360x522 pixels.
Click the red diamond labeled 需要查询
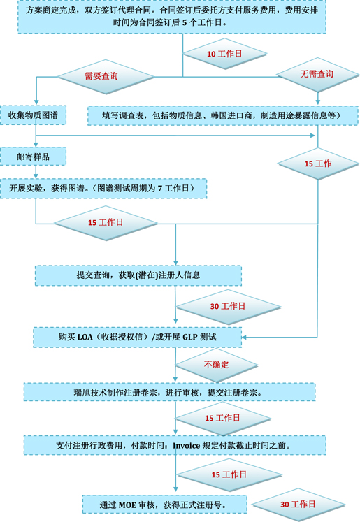click(106, 77)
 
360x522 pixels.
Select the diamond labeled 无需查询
click(317, 74)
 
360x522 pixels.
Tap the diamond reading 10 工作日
click(225, 54)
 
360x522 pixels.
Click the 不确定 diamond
click(217, 365)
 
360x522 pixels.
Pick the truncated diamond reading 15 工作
click(318, 164)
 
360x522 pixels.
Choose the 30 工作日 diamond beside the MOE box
click(298, 505)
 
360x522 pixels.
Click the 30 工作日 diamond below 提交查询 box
click(228, 307)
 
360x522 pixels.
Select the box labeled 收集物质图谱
click(33, 115)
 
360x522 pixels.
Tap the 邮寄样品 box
click(33, 157)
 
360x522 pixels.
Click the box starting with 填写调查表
click(223, 115)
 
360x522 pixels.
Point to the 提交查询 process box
click(138, 275)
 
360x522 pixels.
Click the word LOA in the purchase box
click(85, 337)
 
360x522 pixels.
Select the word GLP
click(190, 337)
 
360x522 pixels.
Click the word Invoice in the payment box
click(187, 445)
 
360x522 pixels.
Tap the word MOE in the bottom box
click(127, 505)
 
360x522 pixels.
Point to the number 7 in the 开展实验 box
click(160, 189)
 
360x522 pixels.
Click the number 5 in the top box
click(185, 22)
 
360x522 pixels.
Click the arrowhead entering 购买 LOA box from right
click(244, 338)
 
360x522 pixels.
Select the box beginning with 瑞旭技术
click(169, 392)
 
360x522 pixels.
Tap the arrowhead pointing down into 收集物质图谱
click(36, 103)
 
